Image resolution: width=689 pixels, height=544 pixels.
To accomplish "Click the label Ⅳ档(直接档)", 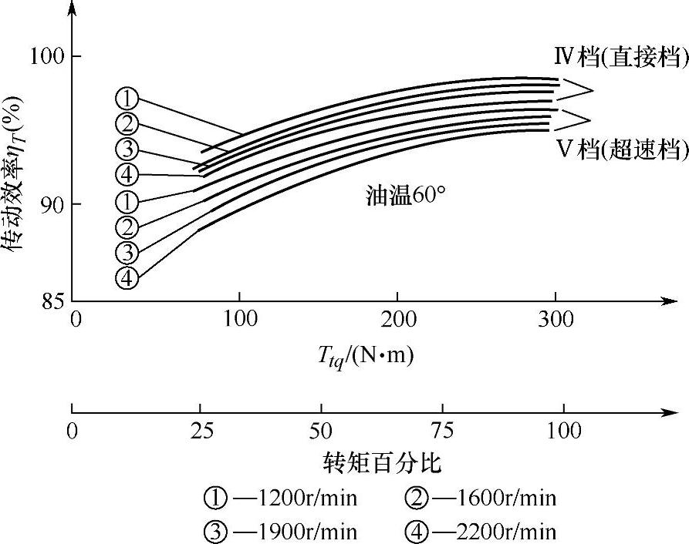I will pyautogui.click(x=620, y=57).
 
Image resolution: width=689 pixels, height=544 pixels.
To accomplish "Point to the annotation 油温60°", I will pyautogui.click(x=406, y=195).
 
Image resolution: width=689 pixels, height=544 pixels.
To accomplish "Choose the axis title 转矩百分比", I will pyautogui.click(x=383, y=464).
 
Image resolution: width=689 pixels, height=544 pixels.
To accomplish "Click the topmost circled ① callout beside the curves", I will pyautogui.click(x=127, y=98).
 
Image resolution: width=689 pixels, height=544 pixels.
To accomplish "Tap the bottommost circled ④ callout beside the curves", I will pyautogui.click(x=127, y=277).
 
